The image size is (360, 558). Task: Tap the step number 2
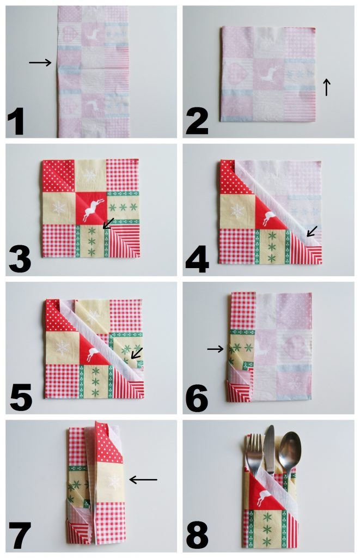pos(197,122)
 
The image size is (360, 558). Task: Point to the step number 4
pos(197,260)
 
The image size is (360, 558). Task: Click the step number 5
pos(21,397)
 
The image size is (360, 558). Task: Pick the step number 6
pos(197,398)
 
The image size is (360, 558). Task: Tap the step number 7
pos(20,536)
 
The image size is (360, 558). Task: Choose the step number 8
pos(197,536)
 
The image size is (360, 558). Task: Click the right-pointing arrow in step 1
pos(40,63)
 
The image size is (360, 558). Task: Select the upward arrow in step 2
pos(326,87)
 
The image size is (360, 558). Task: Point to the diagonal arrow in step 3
pos(108,223)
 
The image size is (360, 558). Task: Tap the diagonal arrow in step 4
pos(312,231)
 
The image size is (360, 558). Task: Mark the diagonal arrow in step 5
pos(137,353)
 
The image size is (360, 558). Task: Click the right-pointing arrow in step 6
pos(215,349)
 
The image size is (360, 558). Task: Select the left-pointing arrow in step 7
pos(143,480)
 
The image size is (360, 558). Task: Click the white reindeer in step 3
pos(93,210)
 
